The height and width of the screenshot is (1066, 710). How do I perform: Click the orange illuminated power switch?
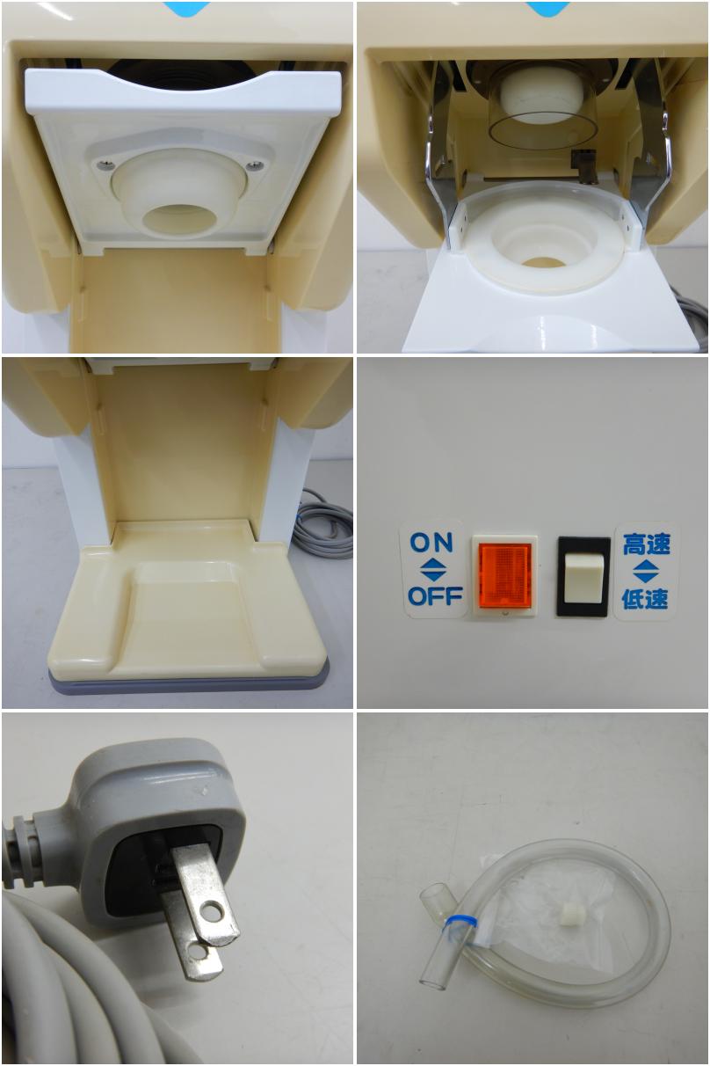[504, 575]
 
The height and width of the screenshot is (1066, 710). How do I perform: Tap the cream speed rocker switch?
[583, 576]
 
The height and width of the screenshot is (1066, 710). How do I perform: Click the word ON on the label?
[431, 543]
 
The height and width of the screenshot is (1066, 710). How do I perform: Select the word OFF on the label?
[435, 595]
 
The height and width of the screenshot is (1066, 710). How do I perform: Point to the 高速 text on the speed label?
[646, 544]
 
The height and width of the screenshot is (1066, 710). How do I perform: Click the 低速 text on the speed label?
[645, 598]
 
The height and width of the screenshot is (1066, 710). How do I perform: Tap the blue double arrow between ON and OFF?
[434, 570]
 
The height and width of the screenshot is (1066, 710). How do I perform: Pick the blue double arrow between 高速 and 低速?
[646, 571]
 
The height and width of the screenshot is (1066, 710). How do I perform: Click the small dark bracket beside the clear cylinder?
[584, 165]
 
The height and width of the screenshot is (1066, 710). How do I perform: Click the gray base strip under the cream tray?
[189, 681]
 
